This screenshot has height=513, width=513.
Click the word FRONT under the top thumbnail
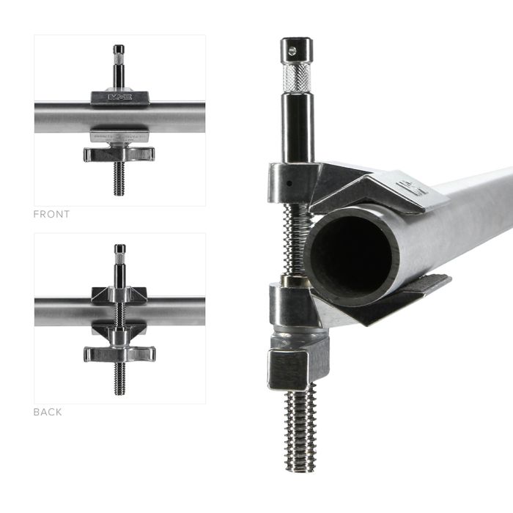click(51, 215)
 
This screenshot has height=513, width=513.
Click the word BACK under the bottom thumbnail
click(48, 412)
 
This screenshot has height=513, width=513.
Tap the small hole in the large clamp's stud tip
click(291, 50)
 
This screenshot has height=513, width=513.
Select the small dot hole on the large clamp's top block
click(290, 179)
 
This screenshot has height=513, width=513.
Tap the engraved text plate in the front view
click(119, 138)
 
